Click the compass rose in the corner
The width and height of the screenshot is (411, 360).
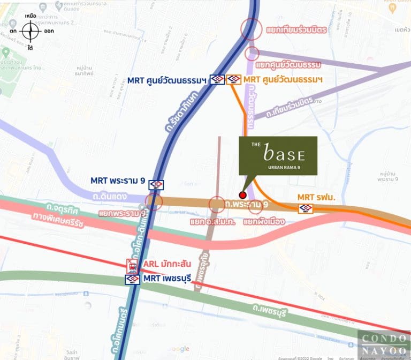tap(31, 32)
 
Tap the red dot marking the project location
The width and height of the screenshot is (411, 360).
tap(242, 195)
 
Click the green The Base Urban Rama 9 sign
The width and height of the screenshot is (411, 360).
tap(278, 155)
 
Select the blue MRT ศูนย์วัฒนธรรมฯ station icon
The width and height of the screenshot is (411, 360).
tap(217, 80)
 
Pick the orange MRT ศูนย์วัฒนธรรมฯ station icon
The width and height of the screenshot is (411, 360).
tap(234, 80)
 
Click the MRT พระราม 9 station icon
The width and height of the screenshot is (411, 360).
tap(156, 185)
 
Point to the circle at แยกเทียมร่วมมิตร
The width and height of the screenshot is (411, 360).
tap(252, 29)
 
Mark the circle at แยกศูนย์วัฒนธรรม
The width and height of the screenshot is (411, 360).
tap(252, 54)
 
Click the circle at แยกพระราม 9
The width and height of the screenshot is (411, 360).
tap(154, 201)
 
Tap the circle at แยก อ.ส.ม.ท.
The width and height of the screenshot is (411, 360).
tap(217, 204)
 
